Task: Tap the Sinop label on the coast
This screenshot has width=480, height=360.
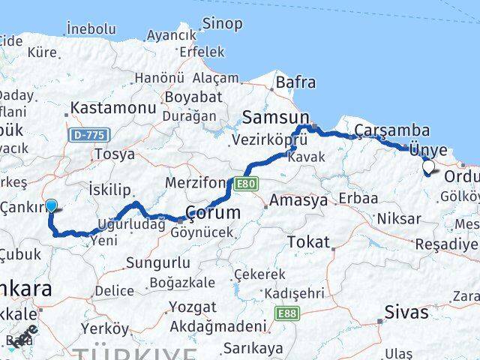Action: click(224, 24)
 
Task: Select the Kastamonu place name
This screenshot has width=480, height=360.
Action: click(112, 109)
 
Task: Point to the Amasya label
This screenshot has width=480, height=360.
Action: click(298, 201)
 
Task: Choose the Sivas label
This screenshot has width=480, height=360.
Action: click(406, 312)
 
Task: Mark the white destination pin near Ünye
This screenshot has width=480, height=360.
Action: click(429, 167)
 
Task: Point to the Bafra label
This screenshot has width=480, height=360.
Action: click(295, 82)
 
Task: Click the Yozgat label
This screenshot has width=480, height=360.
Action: click(192, 307)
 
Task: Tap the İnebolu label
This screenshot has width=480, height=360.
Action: click(91, 29)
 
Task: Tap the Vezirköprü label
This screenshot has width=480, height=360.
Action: click(269, 140)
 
